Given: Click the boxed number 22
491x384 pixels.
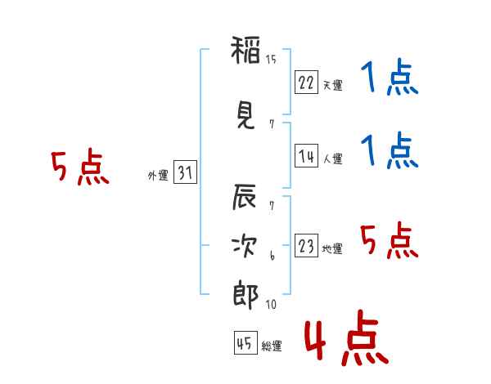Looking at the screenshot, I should (306, 83).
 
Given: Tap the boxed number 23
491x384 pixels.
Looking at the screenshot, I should (306, 248).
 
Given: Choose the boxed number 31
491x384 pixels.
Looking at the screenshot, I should (185, 173).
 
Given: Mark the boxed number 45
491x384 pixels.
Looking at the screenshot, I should (245, 344).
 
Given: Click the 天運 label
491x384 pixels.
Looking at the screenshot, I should (332, 85).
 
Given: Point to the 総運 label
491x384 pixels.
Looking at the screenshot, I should (271, 346).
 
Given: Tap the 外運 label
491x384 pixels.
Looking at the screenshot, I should (158, 176).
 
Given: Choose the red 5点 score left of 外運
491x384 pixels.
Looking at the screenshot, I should (79, 168).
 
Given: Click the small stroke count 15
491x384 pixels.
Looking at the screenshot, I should (271, 59).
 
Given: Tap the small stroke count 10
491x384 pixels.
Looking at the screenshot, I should (271, 305).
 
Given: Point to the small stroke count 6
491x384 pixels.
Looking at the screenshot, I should (272, 256).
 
